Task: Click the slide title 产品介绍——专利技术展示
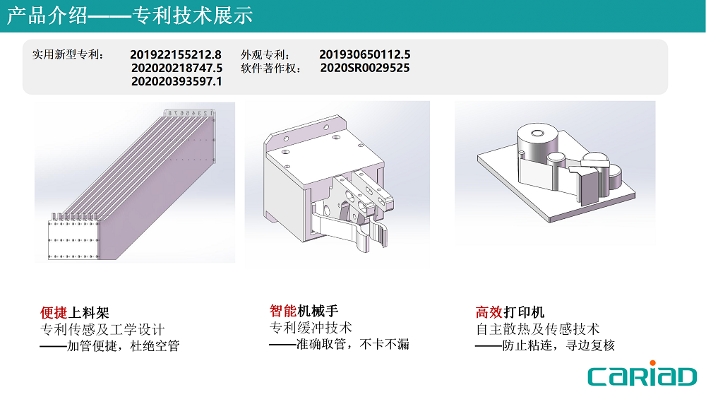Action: click(130, 16)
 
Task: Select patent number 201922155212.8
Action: click(176, 55)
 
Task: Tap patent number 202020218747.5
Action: click(177, 68)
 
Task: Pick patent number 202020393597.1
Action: click(176, 81)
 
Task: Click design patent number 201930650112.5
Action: click(365, 55)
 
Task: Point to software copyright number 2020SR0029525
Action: click(365, 68)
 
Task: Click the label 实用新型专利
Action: click(68, 55)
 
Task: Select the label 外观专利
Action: click(265, 55)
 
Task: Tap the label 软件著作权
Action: click(270, 68)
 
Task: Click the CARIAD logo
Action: click(642, 374)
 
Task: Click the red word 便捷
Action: click(54, 313)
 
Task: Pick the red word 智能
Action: click(283, 311)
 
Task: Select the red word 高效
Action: click(489, 312)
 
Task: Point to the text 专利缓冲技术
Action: click(311, 328)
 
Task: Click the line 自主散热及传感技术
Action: click(537, 329)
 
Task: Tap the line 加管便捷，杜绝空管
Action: click(110, 346)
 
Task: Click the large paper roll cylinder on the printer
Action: click(537, 144)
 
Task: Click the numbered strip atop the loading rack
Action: click(189, 113)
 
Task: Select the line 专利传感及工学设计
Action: click(102, 329)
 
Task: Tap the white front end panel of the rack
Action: click(73, 240)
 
